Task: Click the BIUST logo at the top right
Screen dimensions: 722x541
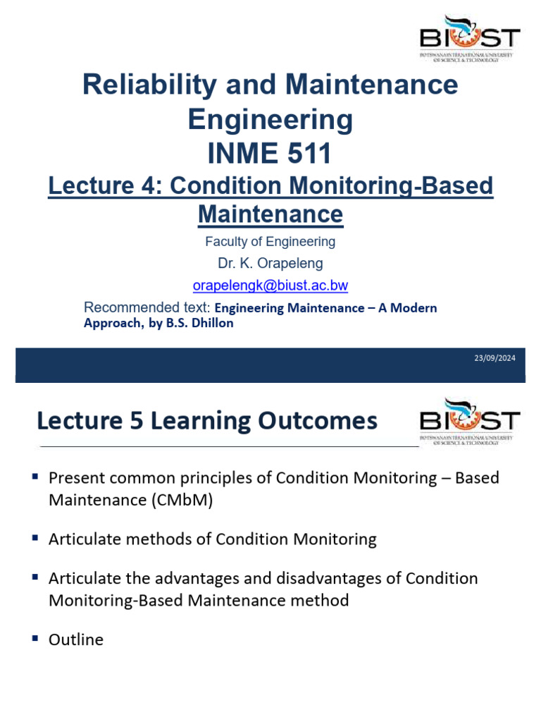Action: coord(469,39)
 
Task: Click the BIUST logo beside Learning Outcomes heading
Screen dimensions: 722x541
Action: coord(469,422)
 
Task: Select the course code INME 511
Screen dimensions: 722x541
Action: coord(270,153)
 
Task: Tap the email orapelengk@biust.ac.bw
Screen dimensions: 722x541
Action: coord(270,286)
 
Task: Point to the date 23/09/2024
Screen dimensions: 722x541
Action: coord(495,358)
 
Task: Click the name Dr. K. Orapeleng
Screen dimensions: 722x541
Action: coord(270,264)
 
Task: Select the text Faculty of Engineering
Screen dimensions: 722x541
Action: coord(270,242)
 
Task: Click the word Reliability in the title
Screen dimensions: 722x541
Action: coord(139,85)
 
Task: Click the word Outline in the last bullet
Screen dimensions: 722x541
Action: coord(75,640)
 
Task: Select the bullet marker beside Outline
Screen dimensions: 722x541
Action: coord(35,638)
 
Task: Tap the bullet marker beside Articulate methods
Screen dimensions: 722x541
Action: coord(35,538)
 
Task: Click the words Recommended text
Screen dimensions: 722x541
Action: coord(147,308)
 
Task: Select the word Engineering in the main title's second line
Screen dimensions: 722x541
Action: coord(270,119)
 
